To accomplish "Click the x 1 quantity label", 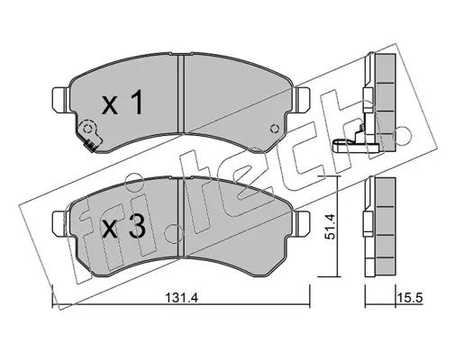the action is pos(122,103).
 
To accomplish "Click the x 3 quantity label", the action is pos(123,227).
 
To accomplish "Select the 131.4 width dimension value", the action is pos(181,299).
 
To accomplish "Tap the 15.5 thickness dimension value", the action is pos(410,299).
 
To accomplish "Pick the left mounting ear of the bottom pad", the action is pos(61,223).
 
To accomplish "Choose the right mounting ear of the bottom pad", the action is pos(302,223).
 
